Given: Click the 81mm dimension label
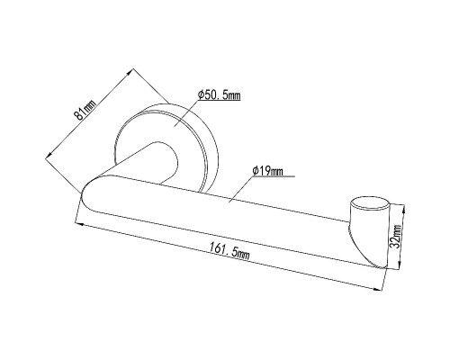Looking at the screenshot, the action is (x=85, y=110).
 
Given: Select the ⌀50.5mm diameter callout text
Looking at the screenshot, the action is (x=220, y=95).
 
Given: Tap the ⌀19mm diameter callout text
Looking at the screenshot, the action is (x=268, y=171).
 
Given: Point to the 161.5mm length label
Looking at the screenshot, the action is (x=229, y=250).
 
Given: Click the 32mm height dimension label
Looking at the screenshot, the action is (x=397, y=236).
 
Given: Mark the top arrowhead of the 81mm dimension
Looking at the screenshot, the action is (x=130, y=72).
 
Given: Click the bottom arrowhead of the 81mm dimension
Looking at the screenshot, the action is (x=49, y=155).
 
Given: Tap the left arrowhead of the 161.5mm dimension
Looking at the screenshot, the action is (x=79, y=223).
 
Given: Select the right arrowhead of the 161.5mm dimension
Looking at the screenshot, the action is (x=377, y=289).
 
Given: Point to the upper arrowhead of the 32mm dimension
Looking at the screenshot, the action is (x=402, y=208).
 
